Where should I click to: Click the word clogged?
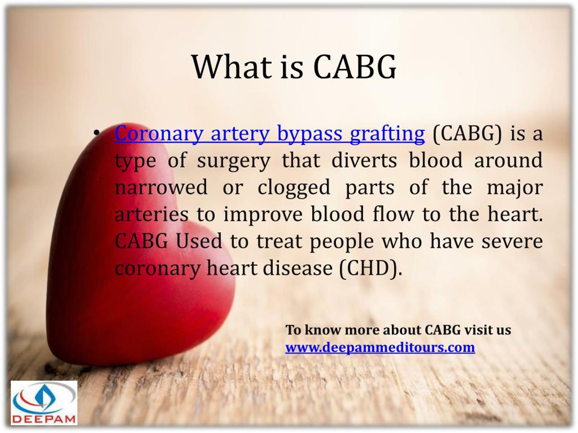(294, 189)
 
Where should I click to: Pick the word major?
(515, 189)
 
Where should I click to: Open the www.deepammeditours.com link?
(380, 348)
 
